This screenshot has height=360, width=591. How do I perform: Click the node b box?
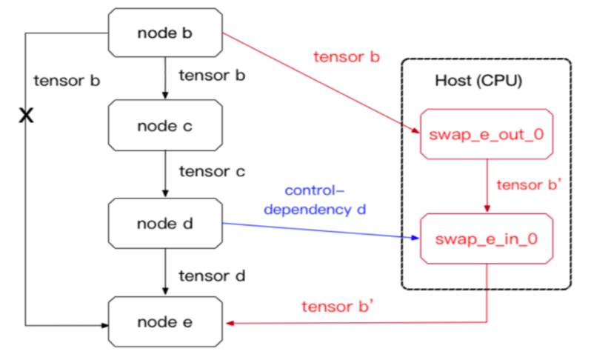click(164, 33)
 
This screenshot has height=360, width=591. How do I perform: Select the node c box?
click(164, 125)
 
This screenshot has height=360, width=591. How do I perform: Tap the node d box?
click(164, 223)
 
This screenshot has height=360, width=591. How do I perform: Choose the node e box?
click(164, 322)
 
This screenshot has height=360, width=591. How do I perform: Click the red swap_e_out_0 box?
click(486, 135)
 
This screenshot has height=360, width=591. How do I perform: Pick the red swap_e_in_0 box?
click(486, 238)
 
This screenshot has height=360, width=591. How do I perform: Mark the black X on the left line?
click(27, 115)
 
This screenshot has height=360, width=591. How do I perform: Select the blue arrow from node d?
click(318, 231)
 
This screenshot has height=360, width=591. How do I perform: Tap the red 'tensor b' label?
click(347, 57)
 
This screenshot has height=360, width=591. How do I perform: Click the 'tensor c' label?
click(212, 172)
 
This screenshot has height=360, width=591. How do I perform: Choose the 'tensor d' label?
click(212, 276)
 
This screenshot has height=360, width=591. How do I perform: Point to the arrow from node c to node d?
click(164, 175)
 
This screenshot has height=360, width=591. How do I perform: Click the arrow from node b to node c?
click(164, 79)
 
